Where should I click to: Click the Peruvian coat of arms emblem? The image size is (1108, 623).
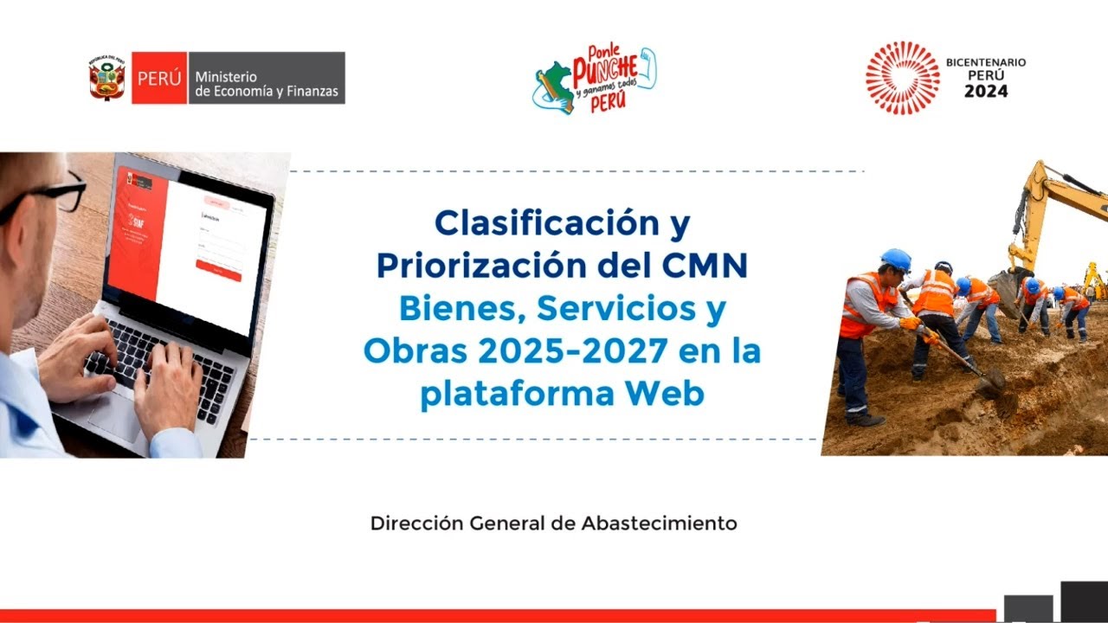pyautogui.click(x=107, y=78)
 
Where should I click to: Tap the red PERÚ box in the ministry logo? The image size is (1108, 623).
pyautogui.click(x=159, y=78)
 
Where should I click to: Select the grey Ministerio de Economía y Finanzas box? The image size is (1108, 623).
pyautogui.click(x=266, y=78)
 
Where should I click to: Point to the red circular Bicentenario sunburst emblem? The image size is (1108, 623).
pyautogui.click(x=902, y=78)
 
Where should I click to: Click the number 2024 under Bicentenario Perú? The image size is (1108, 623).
pyautogui.click(x=986, y=91)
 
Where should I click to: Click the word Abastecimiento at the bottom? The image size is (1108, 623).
pyautogui.click(x=659, y=523)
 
